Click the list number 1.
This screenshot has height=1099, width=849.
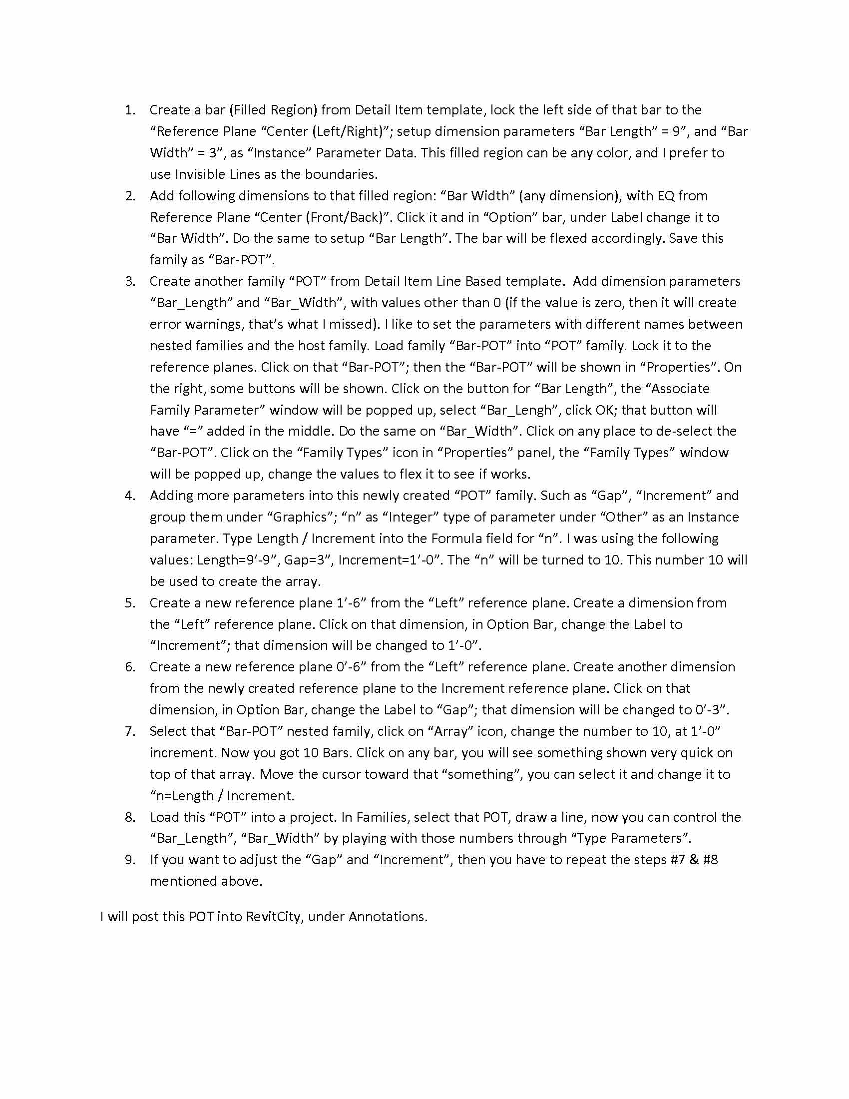point(130,110)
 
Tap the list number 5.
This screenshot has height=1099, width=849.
point(130,603)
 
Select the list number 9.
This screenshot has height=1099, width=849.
point(130,860)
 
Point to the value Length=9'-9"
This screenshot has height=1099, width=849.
point(236,560)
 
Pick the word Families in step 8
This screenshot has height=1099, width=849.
point(374,817)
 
